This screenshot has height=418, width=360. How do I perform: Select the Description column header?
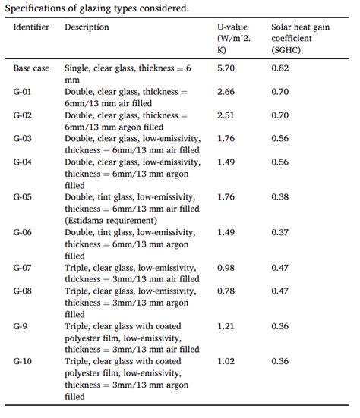(x=87, y=27)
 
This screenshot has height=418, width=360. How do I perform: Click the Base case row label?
(x=31, y=68)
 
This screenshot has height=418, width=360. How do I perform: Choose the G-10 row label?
(x=24, y=362)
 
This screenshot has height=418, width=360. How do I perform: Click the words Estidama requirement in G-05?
(x=114, y=220)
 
